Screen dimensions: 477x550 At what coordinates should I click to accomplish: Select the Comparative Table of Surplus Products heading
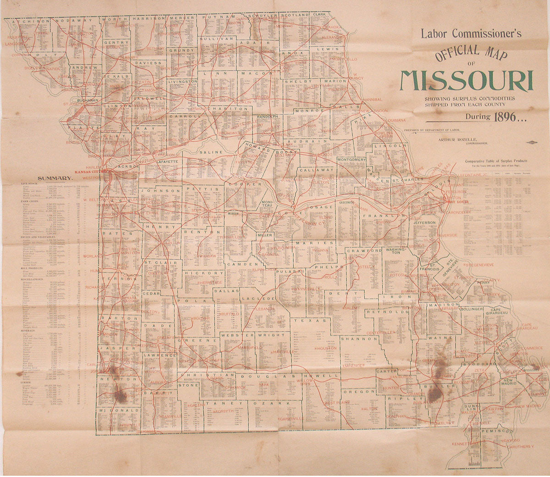pyautogui.click(x=496, y=161)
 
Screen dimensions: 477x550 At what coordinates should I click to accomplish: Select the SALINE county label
pyautogui.click(x=211, y=152)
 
